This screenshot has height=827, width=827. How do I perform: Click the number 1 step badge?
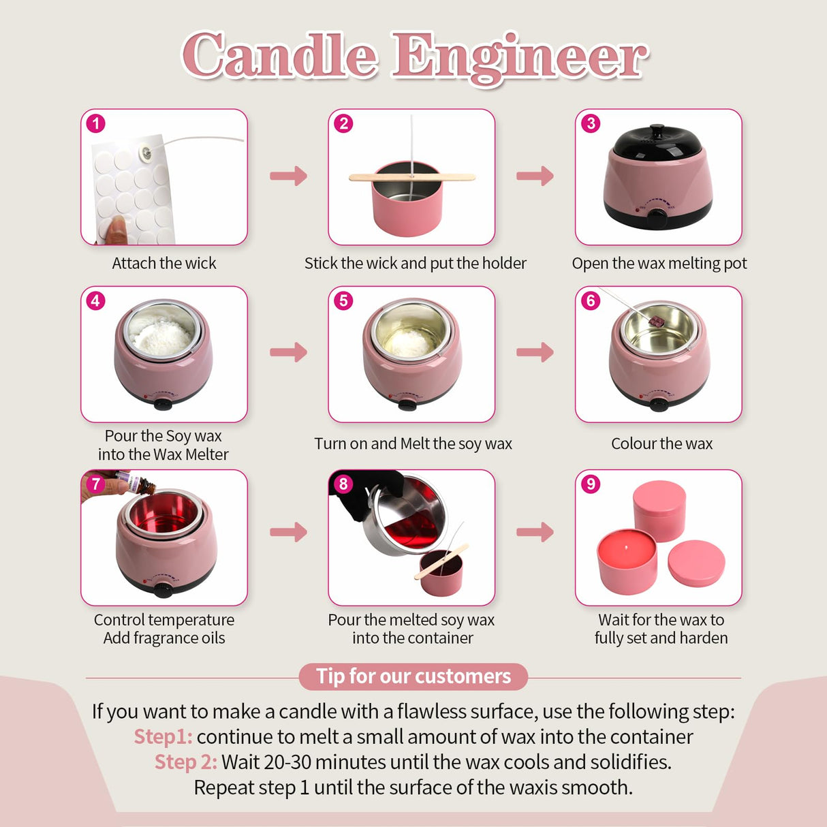pyautogui.click(x=96, y=123)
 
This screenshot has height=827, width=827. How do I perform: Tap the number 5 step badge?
pyautogui.click(x=343, y=300)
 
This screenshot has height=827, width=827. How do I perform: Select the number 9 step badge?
pyautogui.click(x=591, y=484)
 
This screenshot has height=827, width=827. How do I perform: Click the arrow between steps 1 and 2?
pyautogui.click(x=289, y=176)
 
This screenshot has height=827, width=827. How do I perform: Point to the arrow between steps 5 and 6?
pyautogui.click(x=535, y=352)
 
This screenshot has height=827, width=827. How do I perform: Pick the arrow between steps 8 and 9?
pyautogui.click(x=535, y=531)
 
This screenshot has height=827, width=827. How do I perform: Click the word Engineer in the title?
pyautogui.click(x=519, y=57)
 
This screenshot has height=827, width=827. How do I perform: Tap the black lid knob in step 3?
pyautogui.click(x=657, y=129)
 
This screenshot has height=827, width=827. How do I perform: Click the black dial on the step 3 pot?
pyautogui.click(x=657, y=217)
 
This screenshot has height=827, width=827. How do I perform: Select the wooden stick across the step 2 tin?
pyautogui.click(x=411, y=178)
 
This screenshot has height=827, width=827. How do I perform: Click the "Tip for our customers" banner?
pyautogui.click(x=413, y=676)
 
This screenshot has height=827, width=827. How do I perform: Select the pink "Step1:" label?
pyautogui.click(x=163, y=736)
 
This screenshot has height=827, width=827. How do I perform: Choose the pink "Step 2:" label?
pyautogui.click(x=185, y=762)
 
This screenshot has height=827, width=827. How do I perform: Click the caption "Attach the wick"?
pyautogui.click(x=164, y=264)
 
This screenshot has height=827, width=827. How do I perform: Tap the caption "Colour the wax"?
pyautogui.click(x=661, y=443)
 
